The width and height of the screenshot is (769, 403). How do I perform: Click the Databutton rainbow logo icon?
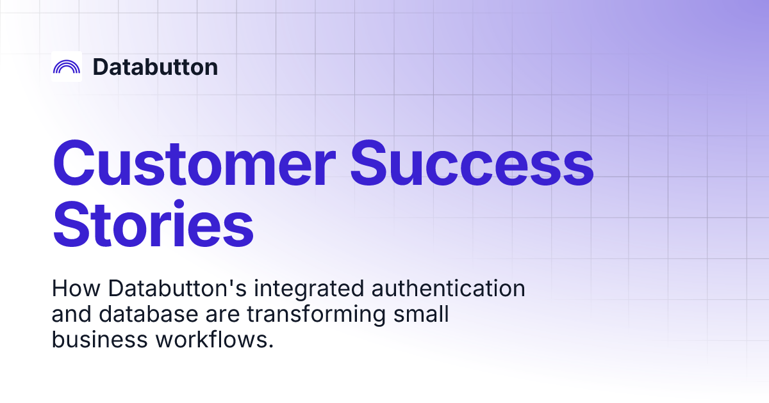(x=67, y=67)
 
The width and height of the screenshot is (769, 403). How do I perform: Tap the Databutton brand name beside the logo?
(x=155, y=67)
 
